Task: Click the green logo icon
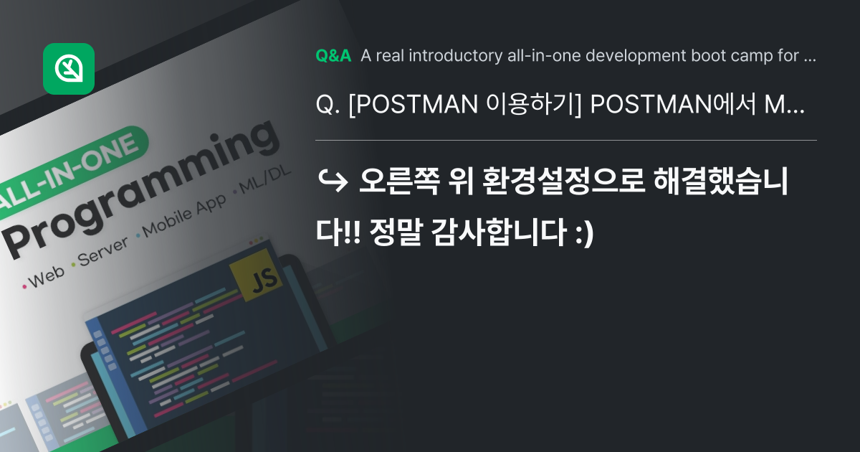[x=69, y=69]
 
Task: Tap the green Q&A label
[x=333, y=56]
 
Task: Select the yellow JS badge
[x=254, y=279]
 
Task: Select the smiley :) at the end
[x=585, y=232]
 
